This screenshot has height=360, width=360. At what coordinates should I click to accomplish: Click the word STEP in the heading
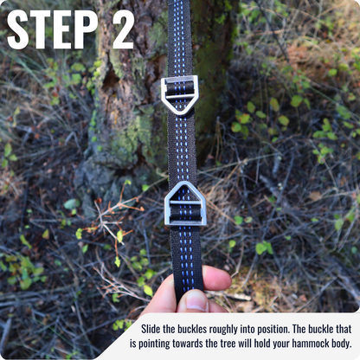[51, 29]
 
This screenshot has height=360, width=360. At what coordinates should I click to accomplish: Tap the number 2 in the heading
[123, 29]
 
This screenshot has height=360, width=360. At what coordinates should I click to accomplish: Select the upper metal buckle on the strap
[179, 93]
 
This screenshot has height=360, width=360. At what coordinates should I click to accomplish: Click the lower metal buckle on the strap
[185, 206]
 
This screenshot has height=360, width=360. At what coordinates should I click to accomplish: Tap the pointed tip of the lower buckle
[185, 183]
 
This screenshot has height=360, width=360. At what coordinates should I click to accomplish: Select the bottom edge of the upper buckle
[179, 112]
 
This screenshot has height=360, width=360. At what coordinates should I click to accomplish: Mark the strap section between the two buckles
[181, 147]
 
